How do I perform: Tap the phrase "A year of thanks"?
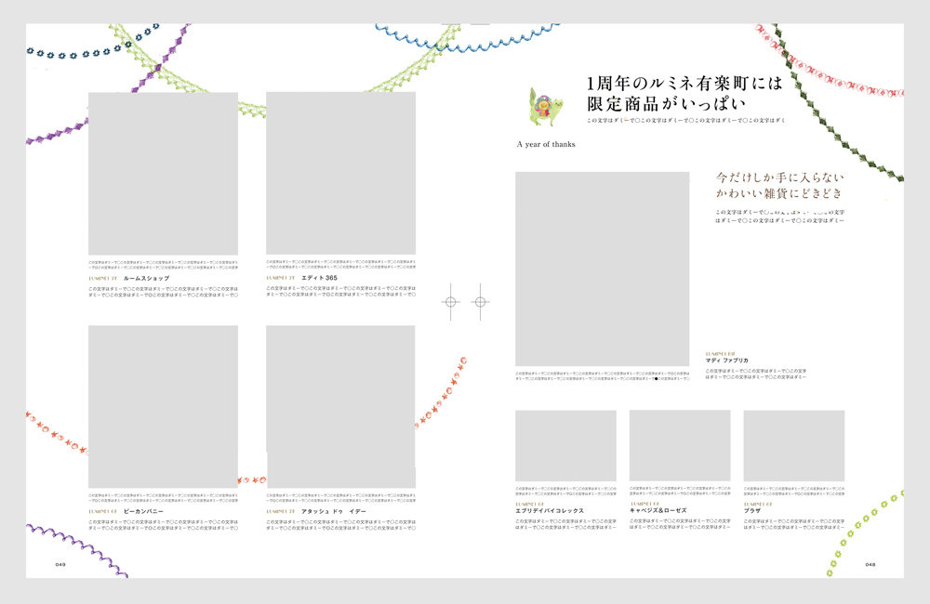[546, 145]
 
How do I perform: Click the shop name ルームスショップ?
[146, 278]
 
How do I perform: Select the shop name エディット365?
[319, 278]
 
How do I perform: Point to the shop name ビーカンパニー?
[143, 511]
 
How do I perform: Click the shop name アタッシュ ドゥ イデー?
[333, 511]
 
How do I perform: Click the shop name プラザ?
[752, 510]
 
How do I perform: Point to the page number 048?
[870, 564]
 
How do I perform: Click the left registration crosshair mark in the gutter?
[450, 302]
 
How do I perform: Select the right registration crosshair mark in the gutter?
[480, 302]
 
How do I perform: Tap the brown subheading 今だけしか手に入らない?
[779, 176]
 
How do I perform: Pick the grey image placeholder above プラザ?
[793, 445]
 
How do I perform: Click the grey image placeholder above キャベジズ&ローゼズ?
[679, 445]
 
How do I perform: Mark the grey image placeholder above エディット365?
[340, 173]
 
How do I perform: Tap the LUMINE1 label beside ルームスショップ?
[102, 278]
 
